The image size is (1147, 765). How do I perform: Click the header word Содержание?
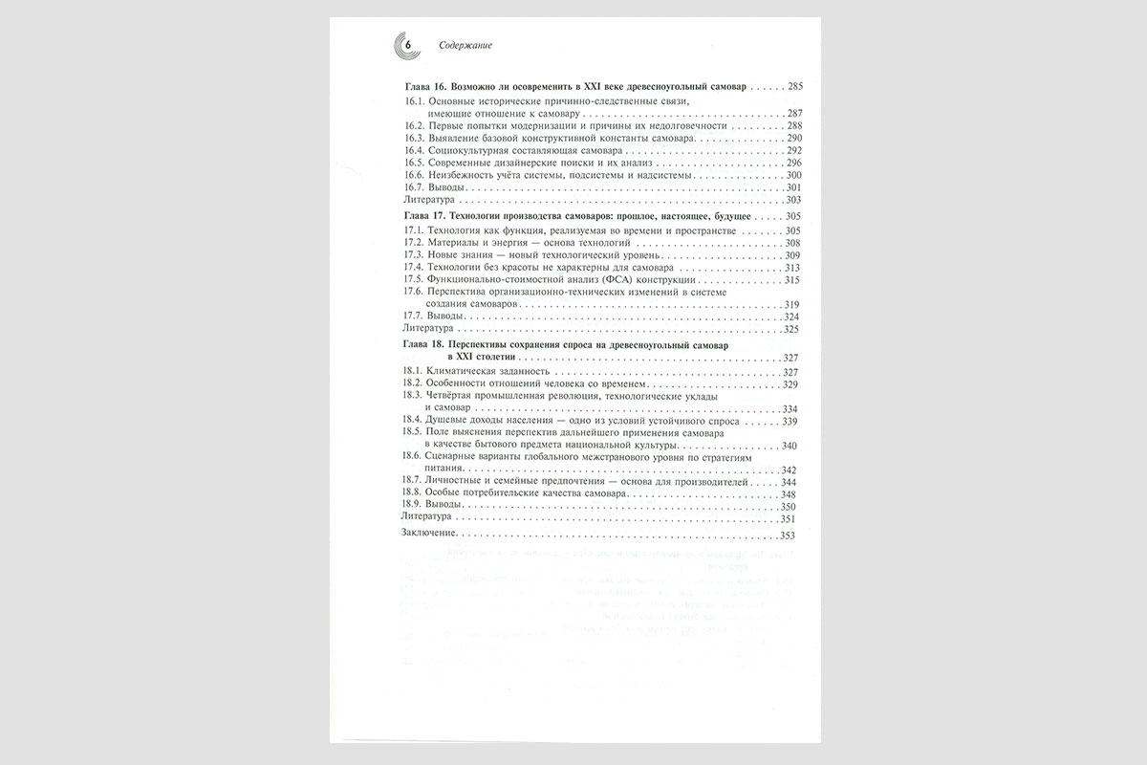click(x=466, y=46)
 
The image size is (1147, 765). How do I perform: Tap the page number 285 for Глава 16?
click(x=795, y=87)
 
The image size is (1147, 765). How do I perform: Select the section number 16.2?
click(x=413, y=126)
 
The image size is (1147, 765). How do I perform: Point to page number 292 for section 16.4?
click(x=793, y=151)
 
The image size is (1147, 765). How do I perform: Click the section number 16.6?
click(x=413, y=176)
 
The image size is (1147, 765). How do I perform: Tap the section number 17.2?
click(x=413, y=244)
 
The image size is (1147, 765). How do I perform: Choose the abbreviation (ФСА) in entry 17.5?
click(x=606, y=280)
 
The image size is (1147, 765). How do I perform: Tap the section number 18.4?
click(x=413, y=421)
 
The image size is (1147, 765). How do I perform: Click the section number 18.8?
click(x=413, y=494)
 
